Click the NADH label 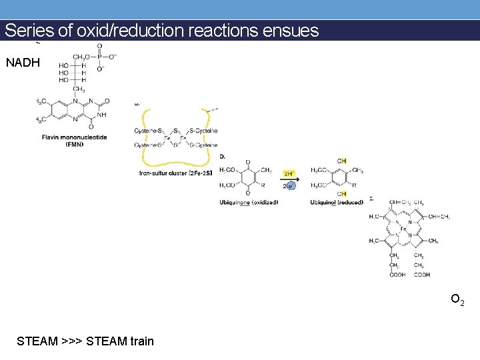[23, 63]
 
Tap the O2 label [457, 301]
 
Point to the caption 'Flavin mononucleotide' [73, 137]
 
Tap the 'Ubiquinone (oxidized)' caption [249, 202]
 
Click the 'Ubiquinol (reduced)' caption [336, 202]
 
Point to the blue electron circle [291, 185]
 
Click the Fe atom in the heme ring [403, 229]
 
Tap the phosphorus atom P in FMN [100, 57]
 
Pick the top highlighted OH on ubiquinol [342, 161]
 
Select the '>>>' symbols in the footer [71, 341]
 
